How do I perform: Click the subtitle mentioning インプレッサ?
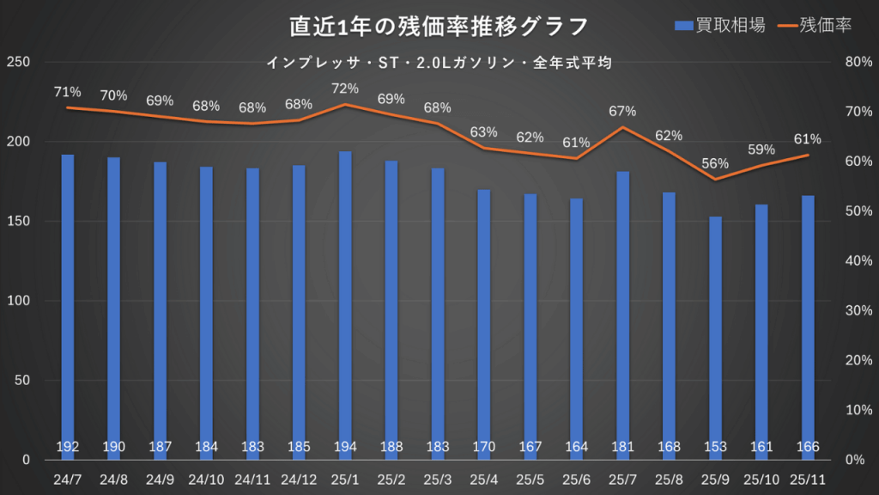pyautogui.click(x=439, y=63)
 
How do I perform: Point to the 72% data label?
pyautogui.click(x=345, y=89)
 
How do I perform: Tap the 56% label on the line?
pyautogui.click(x=715, y=163)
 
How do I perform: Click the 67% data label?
pyautogui.click(x=622, y=111)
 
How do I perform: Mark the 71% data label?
pyautogui.click(x=68, y=92)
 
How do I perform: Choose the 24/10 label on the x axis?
pyautogui.click(x=206, y=478)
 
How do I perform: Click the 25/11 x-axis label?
pyautogui.click(x=808, y=478)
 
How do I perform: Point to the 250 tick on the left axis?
pyautogui.click(x=18, y=62)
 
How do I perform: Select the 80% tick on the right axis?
pyautogui.click(x=859, y=62)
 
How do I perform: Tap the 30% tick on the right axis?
pyautogui.click(x=859, y=310)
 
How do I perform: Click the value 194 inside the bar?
pyautogui.click(x=345, y=447)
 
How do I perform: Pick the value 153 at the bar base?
pyautogui.click(x=715, y=447)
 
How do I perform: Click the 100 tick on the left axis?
pyautogui.click(x=18, y=301)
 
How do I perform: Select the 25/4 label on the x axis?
pyautogui.click(x=484, y=478)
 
